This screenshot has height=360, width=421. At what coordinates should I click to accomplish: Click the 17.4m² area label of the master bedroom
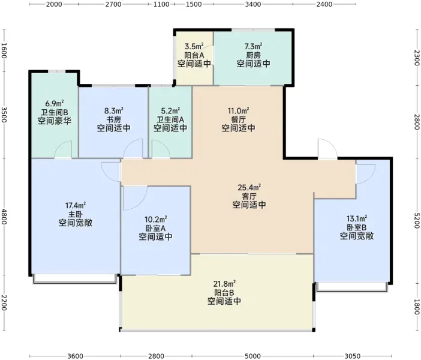coord(76,206)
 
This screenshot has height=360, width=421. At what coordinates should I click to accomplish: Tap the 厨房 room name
coord(253,55)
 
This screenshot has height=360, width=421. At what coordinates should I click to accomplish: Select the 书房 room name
coord(113,119)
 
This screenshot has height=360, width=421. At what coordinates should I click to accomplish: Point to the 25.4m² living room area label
coord(249,187)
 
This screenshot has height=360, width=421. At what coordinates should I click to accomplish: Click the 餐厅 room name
coord(238,119)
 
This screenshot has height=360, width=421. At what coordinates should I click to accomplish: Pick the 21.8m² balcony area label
coord(224,283)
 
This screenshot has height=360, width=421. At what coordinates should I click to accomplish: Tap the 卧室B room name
coord(357,227)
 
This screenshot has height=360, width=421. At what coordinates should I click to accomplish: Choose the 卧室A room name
coord(155,228)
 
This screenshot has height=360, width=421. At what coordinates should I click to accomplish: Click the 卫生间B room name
coord(55,112)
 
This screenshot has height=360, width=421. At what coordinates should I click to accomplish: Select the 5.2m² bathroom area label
coord(170,110)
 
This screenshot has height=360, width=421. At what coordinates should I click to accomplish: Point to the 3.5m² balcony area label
coord(194,46)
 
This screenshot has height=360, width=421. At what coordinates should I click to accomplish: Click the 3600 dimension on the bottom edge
coord(75,356)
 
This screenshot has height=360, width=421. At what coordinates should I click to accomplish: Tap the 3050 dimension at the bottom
coord(352,356)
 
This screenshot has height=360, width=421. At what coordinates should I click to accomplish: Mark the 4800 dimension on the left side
coord(4,217)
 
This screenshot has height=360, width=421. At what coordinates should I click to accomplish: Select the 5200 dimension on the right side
coord(417,221)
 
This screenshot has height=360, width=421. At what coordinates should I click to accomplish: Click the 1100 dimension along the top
coord(161,4)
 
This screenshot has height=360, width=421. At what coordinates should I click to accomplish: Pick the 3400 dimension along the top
coord(253,4)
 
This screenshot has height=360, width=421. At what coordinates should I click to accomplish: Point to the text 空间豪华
coord(55,121)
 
